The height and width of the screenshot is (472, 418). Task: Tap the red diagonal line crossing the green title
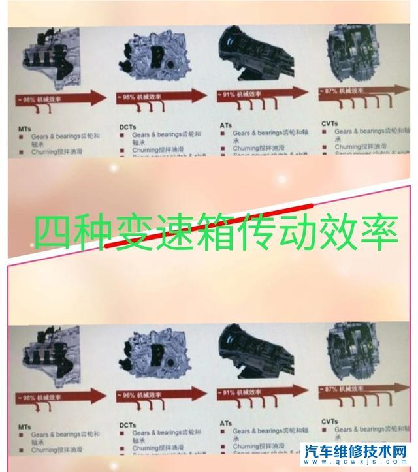[x=196, y=232]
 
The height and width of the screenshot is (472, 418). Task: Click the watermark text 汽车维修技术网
[x=358, y=450]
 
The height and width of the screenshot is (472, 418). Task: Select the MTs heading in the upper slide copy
[x=24, y=129]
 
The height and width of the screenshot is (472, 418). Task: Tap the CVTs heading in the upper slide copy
[x=330, y=121]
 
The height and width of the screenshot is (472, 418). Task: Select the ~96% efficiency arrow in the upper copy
[x=163, y=96]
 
